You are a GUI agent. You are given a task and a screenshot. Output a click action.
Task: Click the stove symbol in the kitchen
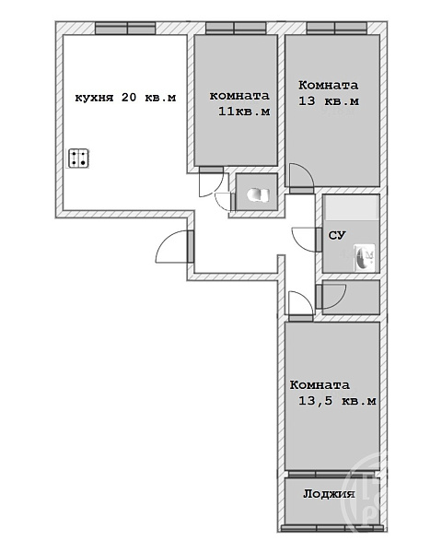coord(78,158)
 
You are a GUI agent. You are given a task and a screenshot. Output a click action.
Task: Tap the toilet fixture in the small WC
coord(259,195)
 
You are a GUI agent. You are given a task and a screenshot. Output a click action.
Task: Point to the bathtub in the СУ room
coord(351,207)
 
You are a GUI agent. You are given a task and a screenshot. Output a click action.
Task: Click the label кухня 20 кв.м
coord(125,98)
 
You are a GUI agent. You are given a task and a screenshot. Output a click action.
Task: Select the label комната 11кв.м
coord(239,103)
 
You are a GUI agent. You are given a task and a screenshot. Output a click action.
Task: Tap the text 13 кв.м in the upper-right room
coord(329,101)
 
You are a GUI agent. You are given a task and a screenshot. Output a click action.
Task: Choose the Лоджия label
coord(329,493)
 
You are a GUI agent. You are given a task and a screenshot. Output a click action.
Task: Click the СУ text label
coord(337,235)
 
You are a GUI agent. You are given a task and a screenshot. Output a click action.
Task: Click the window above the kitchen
coord(125,29)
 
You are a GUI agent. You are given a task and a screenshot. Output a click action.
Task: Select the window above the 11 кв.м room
coord(236,29)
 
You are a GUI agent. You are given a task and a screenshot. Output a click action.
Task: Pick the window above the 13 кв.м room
coord(337,29)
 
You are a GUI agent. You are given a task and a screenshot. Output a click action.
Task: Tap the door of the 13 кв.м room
coord(301,178)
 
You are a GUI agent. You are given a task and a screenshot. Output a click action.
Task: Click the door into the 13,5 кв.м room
coord(301,306)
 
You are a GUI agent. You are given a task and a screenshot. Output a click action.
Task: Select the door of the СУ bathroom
coord(307,240)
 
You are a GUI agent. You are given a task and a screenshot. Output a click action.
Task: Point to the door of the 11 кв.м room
coord(211,182)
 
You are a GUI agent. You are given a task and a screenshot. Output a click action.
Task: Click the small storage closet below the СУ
coord(351,297)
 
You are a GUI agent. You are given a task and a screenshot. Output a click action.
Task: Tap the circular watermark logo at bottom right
coord(365,494)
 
